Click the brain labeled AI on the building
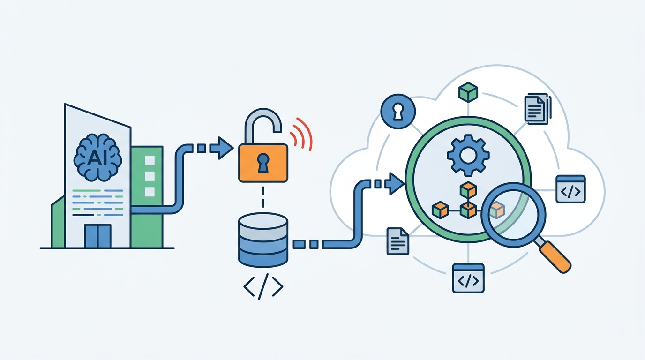coord(97,157)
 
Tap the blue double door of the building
coord(98,236)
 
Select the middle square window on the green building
coord(150,176)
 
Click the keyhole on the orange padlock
coord(263,163)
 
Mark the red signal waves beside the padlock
coord(301,134)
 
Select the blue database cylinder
coord(263,240)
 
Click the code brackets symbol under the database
coord(263,286)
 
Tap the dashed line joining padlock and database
coord(263,197)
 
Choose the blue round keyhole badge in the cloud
coord(398,111)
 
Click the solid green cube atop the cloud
coord(468,92)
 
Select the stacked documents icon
coord(538,109)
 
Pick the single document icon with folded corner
coord(397,241)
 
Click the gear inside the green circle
coord(468,155)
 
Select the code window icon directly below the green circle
coord(468,278)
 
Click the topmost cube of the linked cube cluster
coord(468,190)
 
